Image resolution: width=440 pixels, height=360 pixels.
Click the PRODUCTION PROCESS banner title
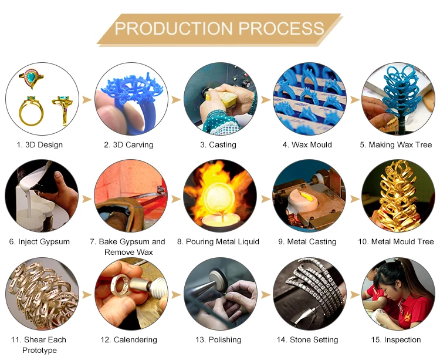(219, 28)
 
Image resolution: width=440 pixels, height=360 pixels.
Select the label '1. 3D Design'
(40, 144)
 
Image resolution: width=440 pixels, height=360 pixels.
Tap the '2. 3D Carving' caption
(128, 144)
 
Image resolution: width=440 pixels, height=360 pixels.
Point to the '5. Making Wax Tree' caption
(396, 144)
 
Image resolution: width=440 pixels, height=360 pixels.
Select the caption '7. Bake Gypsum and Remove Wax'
(134, 247)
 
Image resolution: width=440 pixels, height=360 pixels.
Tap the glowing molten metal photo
(220, 196)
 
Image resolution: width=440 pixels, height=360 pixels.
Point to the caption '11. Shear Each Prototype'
(45, 345)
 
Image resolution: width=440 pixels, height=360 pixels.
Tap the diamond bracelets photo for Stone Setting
(309, 294)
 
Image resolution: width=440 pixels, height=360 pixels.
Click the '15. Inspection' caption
(398, 339)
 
